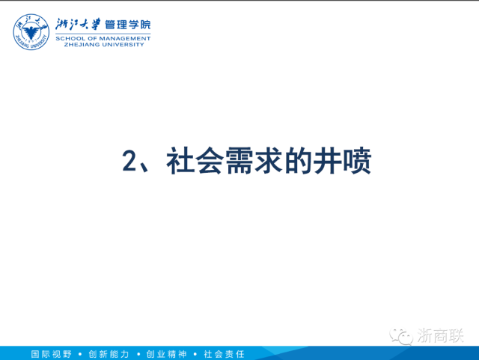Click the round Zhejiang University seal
[31, 31]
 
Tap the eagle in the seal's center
[31, 31]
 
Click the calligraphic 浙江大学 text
[78, 25]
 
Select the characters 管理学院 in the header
[128, 25]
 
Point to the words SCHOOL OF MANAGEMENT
[103, 38]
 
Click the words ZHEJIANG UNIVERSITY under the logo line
[104, 45]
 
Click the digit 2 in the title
[129, 161]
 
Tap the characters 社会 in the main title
[195, 160]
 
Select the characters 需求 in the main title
[254, 160]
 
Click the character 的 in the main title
[297, 160]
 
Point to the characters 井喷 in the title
[342, 160]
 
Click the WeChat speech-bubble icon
[401, 336]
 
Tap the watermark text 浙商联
[440, 335]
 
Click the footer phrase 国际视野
[52, 354]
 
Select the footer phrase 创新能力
[109, 354]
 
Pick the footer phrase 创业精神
[166, 354]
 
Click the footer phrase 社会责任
[224, 354]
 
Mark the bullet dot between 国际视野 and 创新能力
[80, 354]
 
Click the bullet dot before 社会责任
[195, 354]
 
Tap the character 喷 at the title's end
[357, 160]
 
